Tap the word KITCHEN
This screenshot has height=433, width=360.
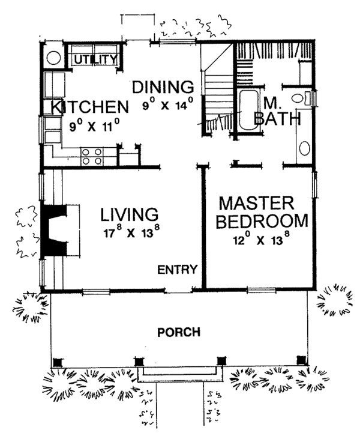pos(89,108)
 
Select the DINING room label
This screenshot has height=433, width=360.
pos(163,88)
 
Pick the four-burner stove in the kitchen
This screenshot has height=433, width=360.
pos(91,156)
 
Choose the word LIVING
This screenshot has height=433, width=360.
pos(130,214)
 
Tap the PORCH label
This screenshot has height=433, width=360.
pos(179,332)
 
